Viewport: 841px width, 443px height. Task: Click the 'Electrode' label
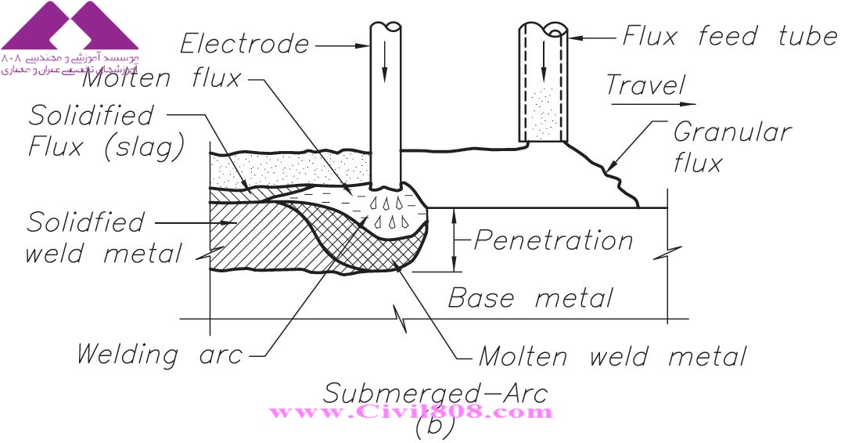[x=244, y=43]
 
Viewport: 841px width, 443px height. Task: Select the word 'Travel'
[x=645, y=85]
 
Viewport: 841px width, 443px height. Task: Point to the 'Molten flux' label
[x=160, y=78]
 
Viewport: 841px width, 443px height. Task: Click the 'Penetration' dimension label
[x=553, y=240]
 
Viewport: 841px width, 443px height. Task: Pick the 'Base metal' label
[x=530, y=297]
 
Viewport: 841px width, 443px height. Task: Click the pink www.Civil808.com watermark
[x=410, y=412]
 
